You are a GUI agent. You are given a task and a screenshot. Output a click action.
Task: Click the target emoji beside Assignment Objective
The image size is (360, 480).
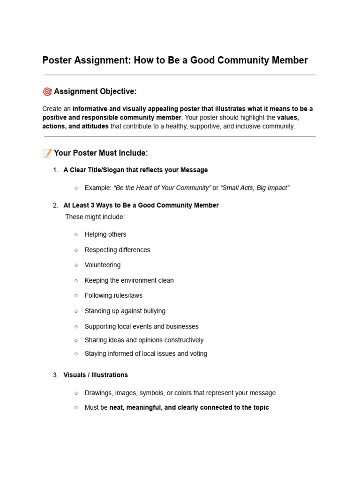[47, 91]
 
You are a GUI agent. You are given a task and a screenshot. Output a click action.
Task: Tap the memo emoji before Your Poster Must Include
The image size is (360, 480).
[47, 153]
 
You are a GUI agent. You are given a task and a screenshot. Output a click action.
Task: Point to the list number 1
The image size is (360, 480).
[55, 170]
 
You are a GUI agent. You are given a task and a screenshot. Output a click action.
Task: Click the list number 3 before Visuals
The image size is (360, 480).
[55, 375]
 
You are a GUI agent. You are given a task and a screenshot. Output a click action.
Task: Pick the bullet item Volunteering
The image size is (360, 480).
[102, 265]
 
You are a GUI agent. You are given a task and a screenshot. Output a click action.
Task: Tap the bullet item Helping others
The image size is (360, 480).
[105, 234]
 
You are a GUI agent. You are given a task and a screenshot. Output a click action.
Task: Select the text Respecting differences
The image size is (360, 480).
[117, 250]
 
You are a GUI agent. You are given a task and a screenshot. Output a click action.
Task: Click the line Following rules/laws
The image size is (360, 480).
[113, 295]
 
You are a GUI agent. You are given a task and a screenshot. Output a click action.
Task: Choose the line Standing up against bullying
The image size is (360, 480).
[125, 311]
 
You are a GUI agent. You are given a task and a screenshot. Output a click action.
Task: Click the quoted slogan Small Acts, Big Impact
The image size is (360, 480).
[255, 188]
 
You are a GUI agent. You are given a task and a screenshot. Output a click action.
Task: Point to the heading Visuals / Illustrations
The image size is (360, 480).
[96, 375]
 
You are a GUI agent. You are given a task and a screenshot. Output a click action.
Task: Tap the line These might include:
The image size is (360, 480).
[95, 217]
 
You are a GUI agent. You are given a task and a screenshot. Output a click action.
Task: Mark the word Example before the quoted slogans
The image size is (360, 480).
[97, 188]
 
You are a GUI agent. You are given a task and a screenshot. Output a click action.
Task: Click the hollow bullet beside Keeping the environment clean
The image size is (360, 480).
[76, 280]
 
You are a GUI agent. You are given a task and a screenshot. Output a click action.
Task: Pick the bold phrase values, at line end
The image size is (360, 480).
[288, 118]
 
